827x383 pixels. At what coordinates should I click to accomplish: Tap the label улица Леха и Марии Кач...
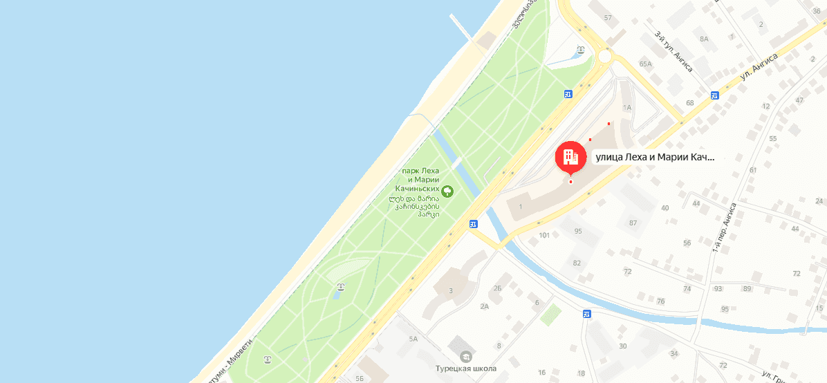click(x=653, y=158)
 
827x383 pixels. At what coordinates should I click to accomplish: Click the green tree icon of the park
click(x=447, y=190)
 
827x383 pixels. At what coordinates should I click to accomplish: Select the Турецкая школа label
click(x=466, y=368)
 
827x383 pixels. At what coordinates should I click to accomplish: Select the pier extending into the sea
click(x=461, y=27)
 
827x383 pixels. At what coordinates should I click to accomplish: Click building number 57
click(x=608, y=17)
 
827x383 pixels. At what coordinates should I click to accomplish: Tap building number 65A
click(x=646, y=64)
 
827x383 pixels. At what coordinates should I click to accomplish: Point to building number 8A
click(x=704, y=39)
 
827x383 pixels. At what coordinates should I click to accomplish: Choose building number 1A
click(x=628, y=108)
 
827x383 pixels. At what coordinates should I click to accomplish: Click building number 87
click(x=632, y=223)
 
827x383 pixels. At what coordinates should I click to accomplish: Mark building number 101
click(x=544, y=236)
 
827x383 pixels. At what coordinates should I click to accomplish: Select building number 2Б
click(x=498, y=288)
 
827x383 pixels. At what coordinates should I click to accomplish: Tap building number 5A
click(x=413, y=339)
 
